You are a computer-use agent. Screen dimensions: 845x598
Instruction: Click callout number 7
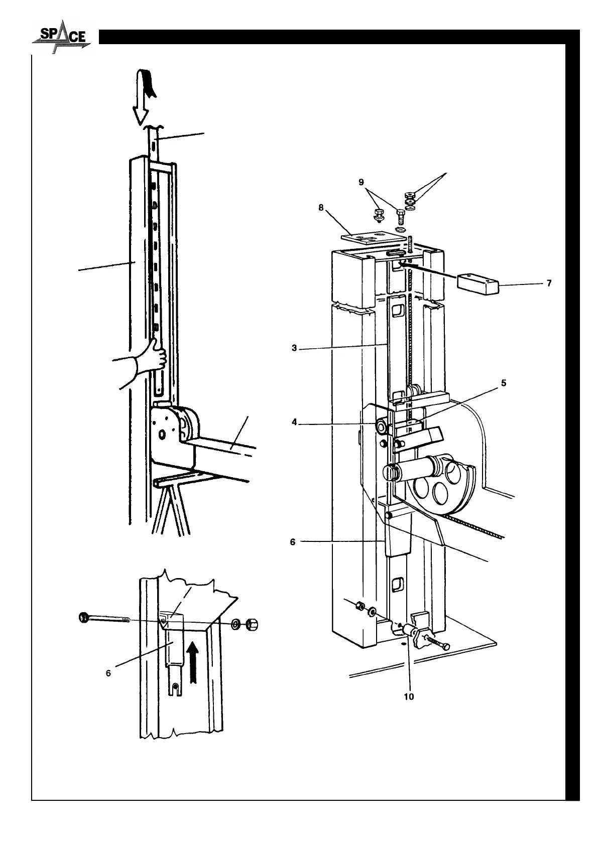tap(549, 284)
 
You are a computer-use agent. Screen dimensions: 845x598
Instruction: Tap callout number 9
tap(362, 183)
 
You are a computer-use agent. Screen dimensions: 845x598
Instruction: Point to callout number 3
tap(295, 348)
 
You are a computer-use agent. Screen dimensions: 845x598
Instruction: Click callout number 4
tap(295, 422)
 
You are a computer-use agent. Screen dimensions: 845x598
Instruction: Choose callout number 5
tap(503, 383)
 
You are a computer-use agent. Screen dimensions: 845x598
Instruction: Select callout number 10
tap(409, 697)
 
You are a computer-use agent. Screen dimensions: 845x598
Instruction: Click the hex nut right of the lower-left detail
tap(253, 625)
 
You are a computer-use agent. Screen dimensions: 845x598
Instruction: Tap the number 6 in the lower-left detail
tap(108, 673)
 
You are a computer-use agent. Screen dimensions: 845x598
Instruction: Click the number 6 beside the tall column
tap(293, 542)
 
